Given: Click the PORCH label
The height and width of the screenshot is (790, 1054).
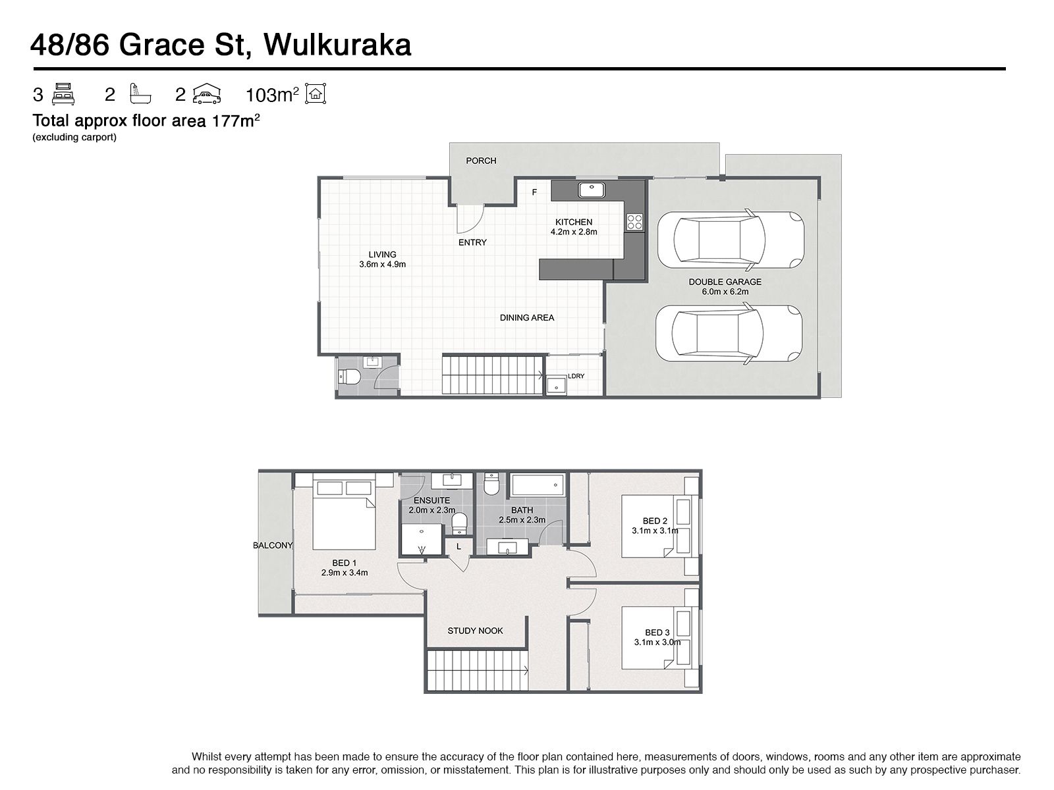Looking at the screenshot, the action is pos(481,161).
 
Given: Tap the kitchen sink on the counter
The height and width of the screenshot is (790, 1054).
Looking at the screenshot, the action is pos(591,190).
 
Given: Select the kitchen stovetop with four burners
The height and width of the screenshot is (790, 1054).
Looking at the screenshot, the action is pos(634,222).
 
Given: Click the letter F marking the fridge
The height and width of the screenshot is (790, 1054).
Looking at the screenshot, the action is pos(534,192).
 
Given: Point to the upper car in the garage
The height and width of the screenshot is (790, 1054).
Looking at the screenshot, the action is pos(731,239).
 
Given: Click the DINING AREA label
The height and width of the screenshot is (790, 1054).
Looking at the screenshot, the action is pos(527,317).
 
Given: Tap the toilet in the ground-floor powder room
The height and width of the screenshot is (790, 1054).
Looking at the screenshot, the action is pos(349,377).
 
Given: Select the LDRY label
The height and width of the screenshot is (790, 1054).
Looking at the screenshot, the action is pos(576,376).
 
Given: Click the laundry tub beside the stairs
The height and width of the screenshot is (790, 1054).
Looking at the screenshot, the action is pos(557,386).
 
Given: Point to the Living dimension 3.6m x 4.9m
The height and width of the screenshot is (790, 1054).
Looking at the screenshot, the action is pos(382,264).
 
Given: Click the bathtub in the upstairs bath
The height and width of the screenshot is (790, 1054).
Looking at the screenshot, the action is pos(538,485).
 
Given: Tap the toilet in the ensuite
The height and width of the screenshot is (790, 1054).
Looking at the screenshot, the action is pos(460,524).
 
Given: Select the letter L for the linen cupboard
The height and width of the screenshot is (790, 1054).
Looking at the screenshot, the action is pos(458,546).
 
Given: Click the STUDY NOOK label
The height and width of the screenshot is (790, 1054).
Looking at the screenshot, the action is pos(475,631).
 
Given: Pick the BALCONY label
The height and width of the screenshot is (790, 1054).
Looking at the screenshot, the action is pos(273,545).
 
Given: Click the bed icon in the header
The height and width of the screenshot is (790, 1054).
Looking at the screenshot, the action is pos(63,94).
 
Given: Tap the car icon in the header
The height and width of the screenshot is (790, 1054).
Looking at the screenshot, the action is pos(206,94).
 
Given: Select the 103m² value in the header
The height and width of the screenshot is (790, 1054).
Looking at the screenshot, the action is pos(272,95).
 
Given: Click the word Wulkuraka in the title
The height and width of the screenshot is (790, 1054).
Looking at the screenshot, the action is pos(337,45).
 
